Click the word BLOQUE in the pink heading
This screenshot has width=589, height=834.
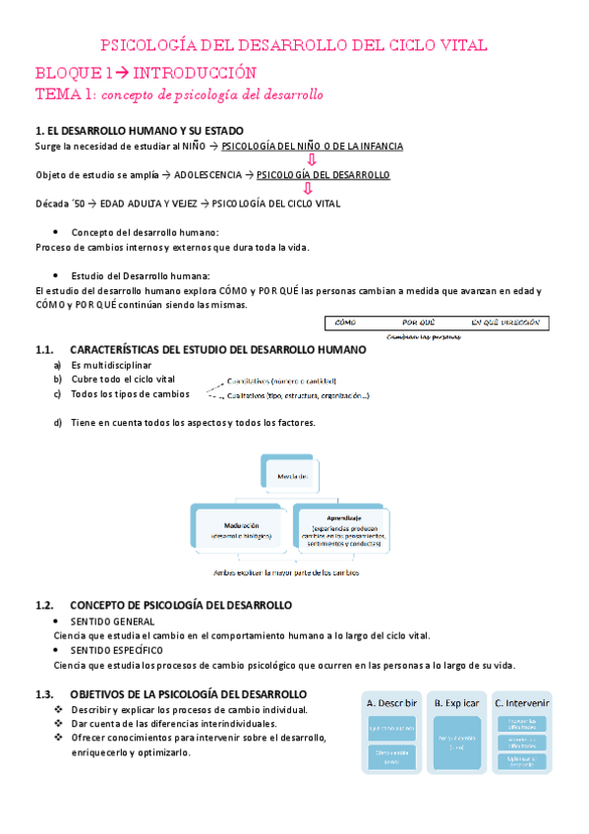pyautogui.click(x=66, y=73)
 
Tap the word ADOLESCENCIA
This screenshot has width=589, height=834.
pyautogui.click(x=210, y=175)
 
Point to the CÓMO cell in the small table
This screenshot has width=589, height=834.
pyautogui.click(x=345, y=323)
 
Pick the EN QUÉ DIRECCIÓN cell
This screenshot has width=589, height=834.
pyautogui.click(x=505, y=323)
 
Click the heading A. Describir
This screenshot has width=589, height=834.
pyautogui.click(x=391, y=703)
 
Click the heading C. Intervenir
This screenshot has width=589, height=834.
pyautogui.click(x=521, y=703)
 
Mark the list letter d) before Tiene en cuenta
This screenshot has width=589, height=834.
pyautogui.click(x=59, y=422)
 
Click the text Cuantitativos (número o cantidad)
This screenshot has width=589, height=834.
pyautogui.click(x=281, y=381)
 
